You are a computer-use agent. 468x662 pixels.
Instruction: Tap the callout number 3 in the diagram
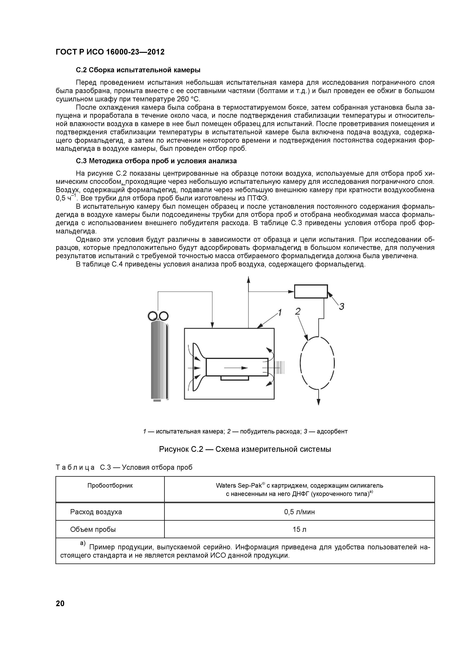(x=341, y=306)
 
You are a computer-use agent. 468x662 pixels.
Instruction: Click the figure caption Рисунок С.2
(x=245, y=449)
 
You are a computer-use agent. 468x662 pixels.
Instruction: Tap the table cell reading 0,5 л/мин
(x=299, y=512)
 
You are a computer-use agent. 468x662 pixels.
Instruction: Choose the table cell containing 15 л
(x=299, y=529)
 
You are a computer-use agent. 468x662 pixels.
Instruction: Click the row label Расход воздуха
(x=96, y=512)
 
